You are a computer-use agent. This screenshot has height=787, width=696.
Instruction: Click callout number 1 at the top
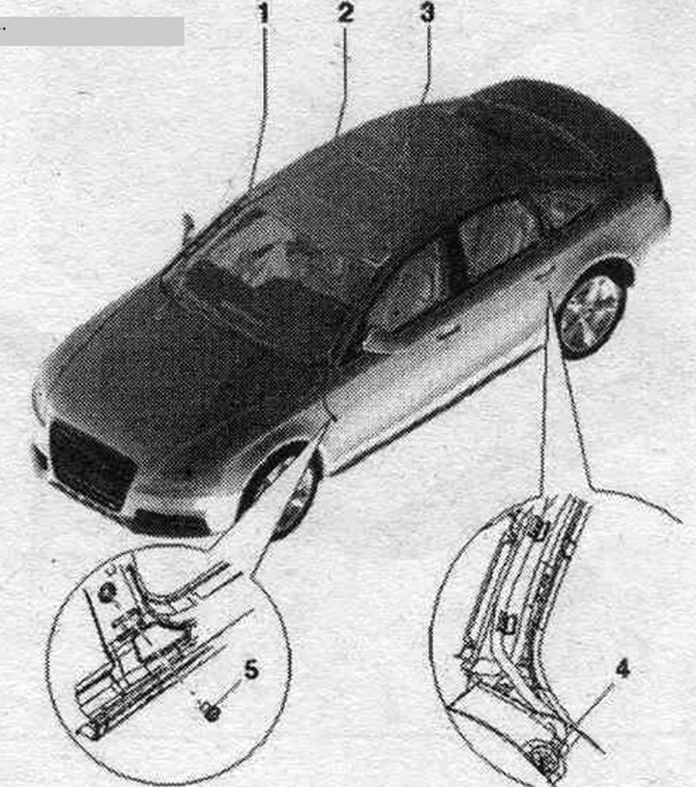click(263, 14)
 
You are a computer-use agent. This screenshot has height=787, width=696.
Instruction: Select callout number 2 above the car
click(346, 13)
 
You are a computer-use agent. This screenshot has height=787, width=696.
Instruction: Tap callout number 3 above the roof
click(427, 13)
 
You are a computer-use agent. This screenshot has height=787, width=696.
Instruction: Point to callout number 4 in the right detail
click(623, 669)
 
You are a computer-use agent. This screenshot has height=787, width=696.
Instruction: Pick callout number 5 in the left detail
click(251, 670)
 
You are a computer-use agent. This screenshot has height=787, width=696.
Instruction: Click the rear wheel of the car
click(593, 312)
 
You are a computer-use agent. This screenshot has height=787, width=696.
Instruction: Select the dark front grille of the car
click(92, 464)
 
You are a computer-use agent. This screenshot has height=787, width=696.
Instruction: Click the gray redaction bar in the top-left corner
click(91, 32)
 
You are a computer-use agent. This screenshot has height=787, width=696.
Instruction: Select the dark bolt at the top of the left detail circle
click(106, 595)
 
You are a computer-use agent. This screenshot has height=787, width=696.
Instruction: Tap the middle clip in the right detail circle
click(507, 624)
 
